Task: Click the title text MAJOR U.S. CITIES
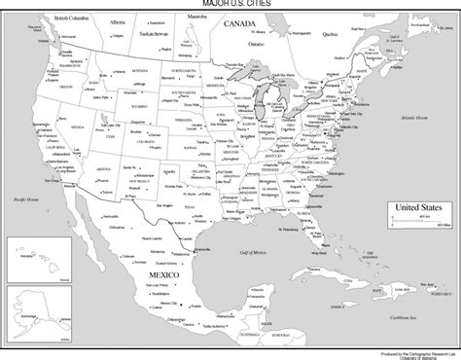coord(230,5)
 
